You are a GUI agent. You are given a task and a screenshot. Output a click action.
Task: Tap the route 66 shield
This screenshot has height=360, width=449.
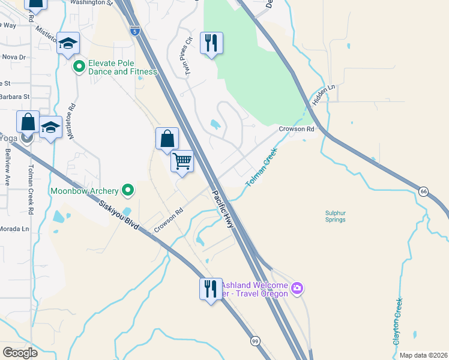424,191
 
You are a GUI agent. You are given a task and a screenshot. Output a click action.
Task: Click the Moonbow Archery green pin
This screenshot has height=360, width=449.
127,191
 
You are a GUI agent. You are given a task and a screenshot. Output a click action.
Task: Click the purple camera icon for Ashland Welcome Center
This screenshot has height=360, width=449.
297,289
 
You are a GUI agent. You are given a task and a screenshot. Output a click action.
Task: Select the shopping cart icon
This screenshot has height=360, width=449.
182,161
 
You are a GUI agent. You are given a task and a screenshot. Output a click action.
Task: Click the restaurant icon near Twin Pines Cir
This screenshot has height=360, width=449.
211,43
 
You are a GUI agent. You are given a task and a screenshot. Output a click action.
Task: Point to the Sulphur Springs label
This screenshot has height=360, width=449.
335,216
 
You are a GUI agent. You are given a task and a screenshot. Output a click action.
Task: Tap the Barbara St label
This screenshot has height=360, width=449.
14,96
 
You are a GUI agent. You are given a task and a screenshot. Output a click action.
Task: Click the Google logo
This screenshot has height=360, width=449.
20,353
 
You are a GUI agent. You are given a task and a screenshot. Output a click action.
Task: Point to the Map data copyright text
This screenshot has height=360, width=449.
423,355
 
